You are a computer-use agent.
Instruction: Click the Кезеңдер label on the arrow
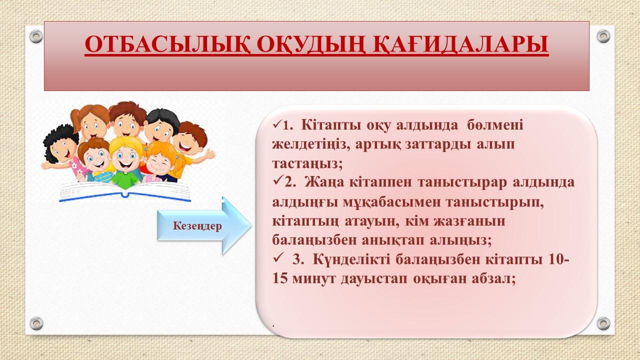coord(197,225)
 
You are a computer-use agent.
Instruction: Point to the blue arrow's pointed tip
coord(251,225)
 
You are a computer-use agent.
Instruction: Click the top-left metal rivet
coord(36,36)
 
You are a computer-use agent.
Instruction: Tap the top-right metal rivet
coord(603,36)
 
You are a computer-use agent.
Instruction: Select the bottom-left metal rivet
coord(36,323)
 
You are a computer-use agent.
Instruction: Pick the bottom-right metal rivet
coord(603,323)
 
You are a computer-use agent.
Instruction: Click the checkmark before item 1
coord(277,124)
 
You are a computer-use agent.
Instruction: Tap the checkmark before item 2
coord(277,181)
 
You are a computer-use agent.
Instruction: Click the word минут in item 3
coord(313,278)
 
